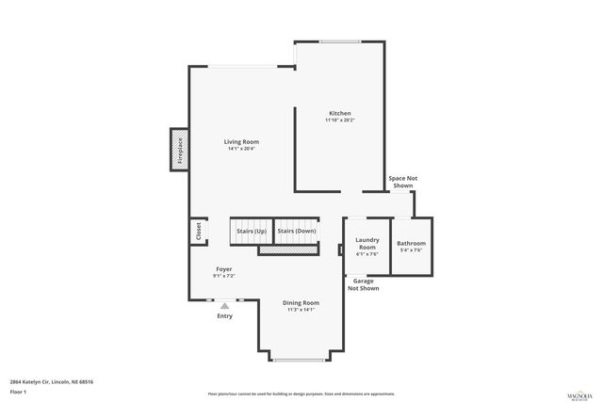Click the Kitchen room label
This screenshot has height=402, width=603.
[x=339, y=113]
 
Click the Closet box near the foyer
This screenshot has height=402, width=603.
[x=198, y=231]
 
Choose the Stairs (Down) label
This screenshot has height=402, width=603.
[x=296, y=231]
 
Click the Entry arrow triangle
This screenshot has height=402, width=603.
[x=224, y=305]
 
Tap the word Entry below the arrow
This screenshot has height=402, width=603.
[x=224, y=316]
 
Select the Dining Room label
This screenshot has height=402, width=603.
[x=301, y=302]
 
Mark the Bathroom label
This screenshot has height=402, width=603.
[x=411, y=243]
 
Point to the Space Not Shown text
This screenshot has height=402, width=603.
[x=402, y=182]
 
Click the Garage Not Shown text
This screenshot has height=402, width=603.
[x=364, y=284]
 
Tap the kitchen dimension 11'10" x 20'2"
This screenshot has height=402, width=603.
[x=339, y=121]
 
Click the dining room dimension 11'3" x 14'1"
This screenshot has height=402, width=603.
[x=301, y=310]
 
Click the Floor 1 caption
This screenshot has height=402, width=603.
[x=18, y=391]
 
